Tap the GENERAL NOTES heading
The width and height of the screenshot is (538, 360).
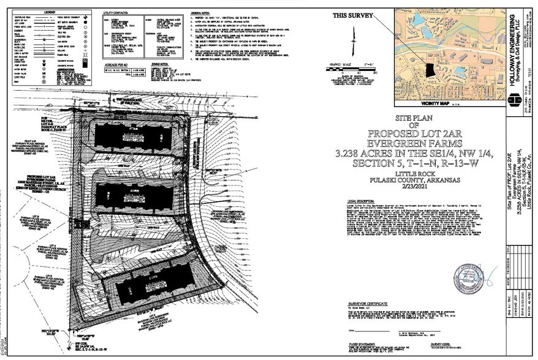click(x=200, y=12)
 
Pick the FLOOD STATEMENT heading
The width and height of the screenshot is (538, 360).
click(x=358, y=345)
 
